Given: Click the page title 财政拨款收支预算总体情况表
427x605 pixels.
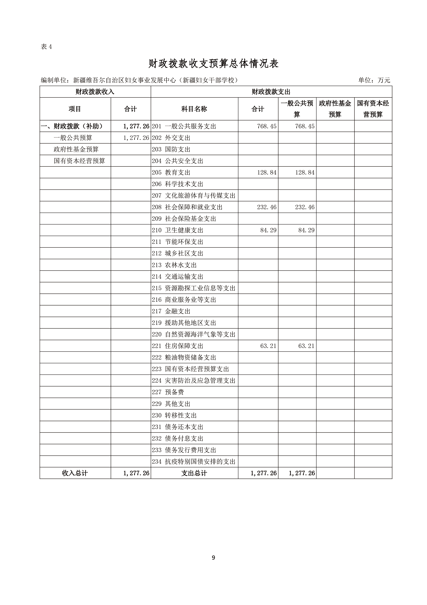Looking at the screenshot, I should point(213,64).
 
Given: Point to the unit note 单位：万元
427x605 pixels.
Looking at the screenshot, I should point(374,80).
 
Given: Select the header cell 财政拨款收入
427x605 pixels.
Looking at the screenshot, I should point(95,92).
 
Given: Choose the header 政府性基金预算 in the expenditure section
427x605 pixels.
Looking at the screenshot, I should point(335,109).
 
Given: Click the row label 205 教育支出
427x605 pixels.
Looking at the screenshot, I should point(171,173).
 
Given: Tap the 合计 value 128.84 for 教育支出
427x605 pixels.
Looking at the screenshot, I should point(267,173).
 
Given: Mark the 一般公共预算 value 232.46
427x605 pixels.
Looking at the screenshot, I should point(305,207).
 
